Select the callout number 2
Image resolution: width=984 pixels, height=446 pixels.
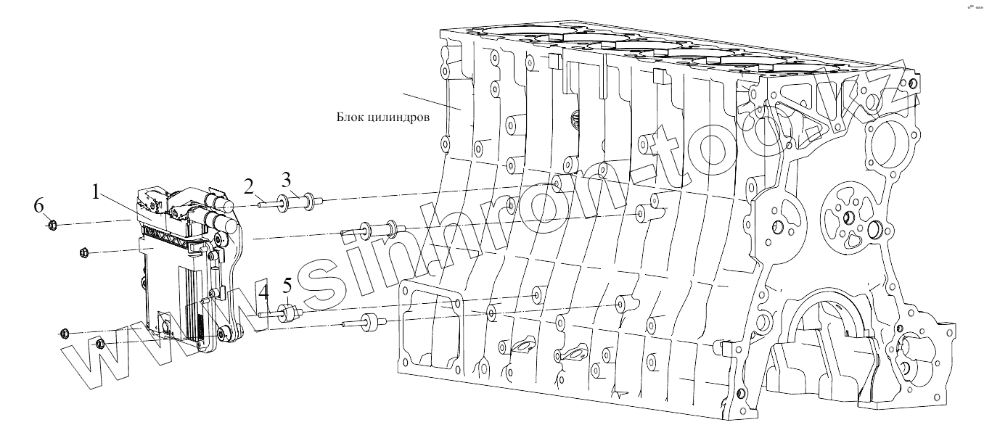tap(249, 189)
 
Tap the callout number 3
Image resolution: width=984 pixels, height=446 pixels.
tap(287, 179)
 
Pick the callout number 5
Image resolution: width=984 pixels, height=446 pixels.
tap(287, 285)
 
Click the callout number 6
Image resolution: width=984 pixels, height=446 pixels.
tap(39, 207)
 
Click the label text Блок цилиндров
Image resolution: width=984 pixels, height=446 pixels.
tap(385, 117)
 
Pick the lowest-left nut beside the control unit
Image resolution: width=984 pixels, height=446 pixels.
tap(65, 333)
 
